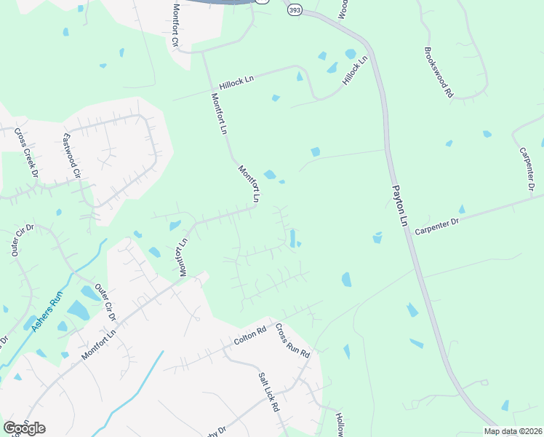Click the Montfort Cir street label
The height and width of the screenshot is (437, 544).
click(175, 25)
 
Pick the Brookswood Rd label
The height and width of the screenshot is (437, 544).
click(439, 73)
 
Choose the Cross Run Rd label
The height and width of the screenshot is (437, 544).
click(293, 341)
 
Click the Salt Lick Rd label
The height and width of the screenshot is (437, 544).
click(269, 393)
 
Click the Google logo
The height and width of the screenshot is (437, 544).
click(24, 428)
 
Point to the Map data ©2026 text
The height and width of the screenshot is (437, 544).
click(512, 431)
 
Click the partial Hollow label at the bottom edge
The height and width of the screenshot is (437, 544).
click(340, 424)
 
